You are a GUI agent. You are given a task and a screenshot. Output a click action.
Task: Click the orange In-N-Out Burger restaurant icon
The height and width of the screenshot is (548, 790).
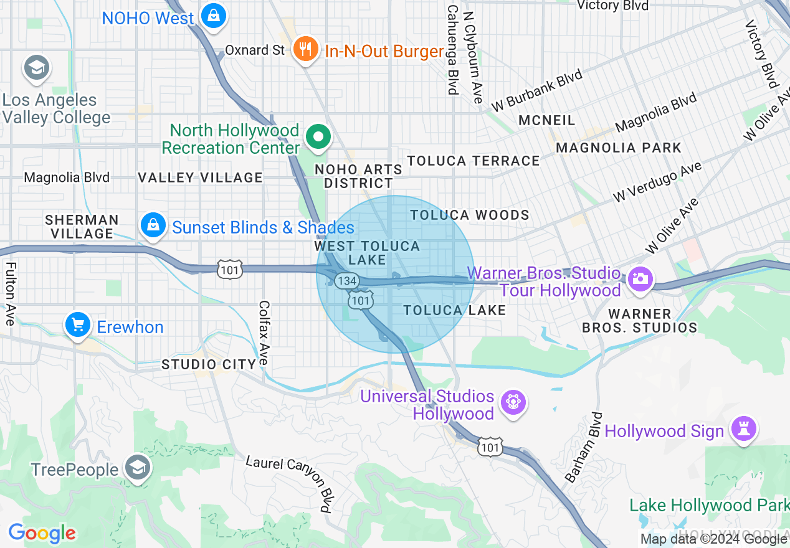pyautogui.click(x=305, y=49)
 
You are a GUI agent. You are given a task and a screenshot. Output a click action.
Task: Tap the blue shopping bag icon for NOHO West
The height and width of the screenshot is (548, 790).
pyautogui.click(x=214, y=16)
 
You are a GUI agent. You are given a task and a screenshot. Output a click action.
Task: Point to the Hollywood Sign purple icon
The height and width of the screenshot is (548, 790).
pyautogui.click(x=744, y=430)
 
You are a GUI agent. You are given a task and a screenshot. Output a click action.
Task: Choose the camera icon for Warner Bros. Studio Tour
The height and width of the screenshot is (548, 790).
pyautogui.click(x=639, y=278)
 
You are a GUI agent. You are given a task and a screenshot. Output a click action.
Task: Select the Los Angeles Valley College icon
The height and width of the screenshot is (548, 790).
pyautogui.click(x=36, y=68)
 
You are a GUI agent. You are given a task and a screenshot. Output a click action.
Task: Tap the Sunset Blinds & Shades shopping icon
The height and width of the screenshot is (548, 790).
pyautogui.click(x=153, y=225)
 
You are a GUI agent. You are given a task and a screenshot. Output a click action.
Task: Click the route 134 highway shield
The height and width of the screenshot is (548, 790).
pyautogui.click(x=346, y=281)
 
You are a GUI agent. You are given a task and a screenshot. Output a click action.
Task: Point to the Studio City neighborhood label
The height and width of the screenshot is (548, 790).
pyautogui.click(x=209, y=364)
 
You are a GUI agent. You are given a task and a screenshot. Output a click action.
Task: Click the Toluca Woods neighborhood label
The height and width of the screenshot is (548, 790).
pyautogui.click(x=470, y=215)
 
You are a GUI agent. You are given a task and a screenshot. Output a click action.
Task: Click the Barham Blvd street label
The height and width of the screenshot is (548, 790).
pyautogui.click(x=580, y=447)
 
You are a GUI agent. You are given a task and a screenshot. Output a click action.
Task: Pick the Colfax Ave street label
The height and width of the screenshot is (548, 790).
pyautogui.click(x=264, y=333)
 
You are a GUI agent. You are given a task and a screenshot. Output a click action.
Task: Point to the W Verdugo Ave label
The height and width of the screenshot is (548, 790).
pyautogui.click(x=657, y=181)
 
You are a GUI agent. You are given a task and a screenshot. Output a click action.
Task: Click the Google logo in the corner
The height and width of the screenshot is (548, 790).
pyautogui.click(x=42, y=534)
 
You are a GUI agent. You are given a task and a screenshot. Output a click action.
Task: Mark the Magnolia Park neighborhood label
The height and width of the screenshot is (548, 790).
pyautogui.click(x=619, y=148)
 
